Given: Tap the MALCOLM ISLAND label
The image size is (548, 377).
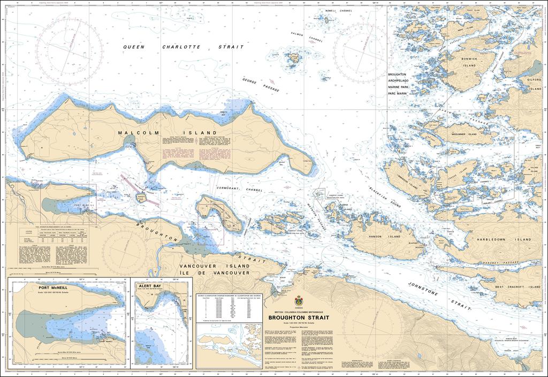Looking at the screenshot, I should pyautogui.click(x=168, y=132).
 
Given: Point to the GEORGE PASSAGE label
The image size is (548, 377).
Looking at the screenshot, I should pyautogui.click(x=261, y=85).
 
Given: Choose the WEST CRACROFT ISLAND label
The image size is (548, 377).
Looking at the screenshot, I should pyautogui.click(x=517, y=287).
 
